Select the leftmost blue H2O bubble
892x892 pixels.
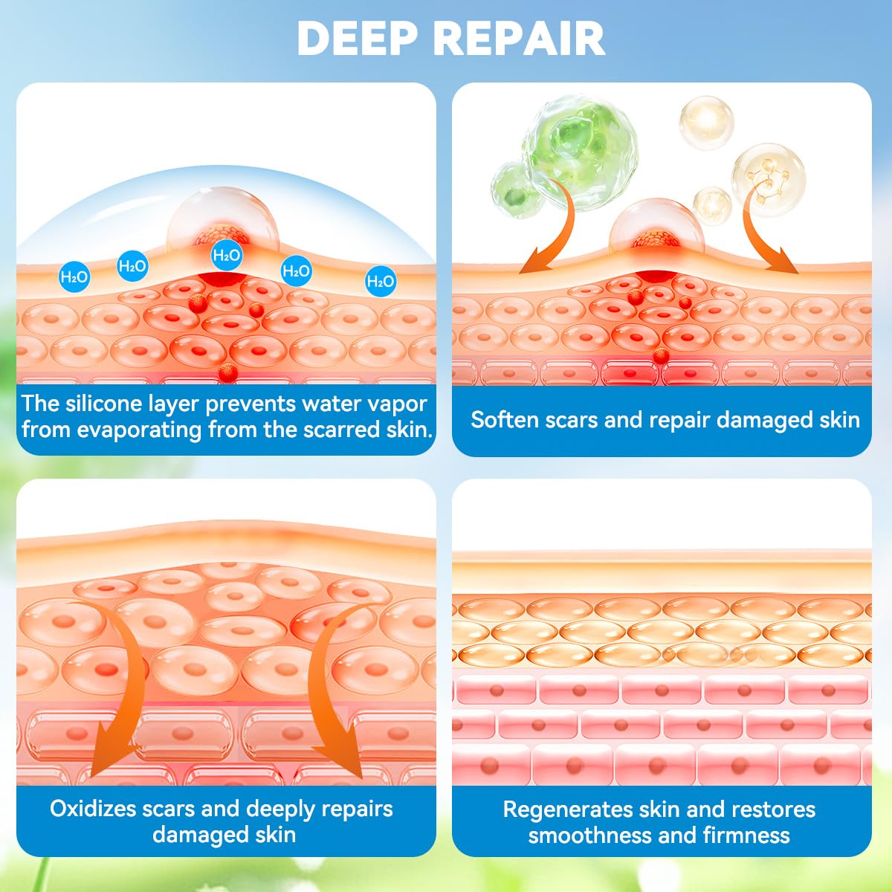(74, 277)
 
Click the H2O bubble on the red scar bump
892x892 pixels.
(227, 256)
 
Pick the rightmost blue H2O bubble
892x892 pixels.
(381, 281)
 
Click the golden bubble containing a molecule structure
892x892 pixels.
(769, 179)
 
